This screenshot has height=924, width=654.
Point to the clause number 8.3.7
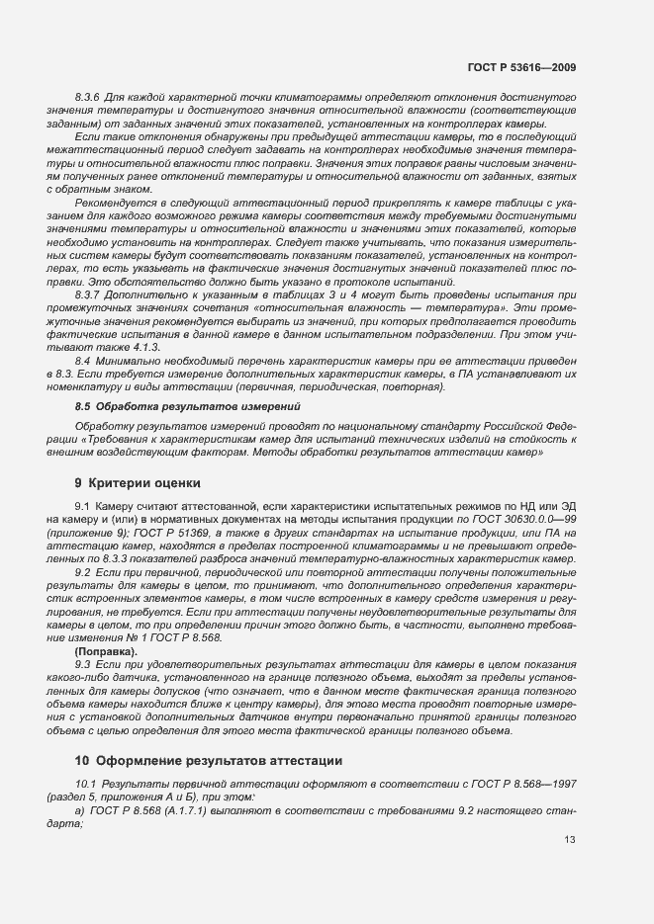point(90,294)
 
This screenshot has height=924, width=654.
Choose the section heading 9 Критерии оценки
point(138,482)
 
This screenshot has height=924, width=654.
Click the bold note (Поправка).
point(107,653)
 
